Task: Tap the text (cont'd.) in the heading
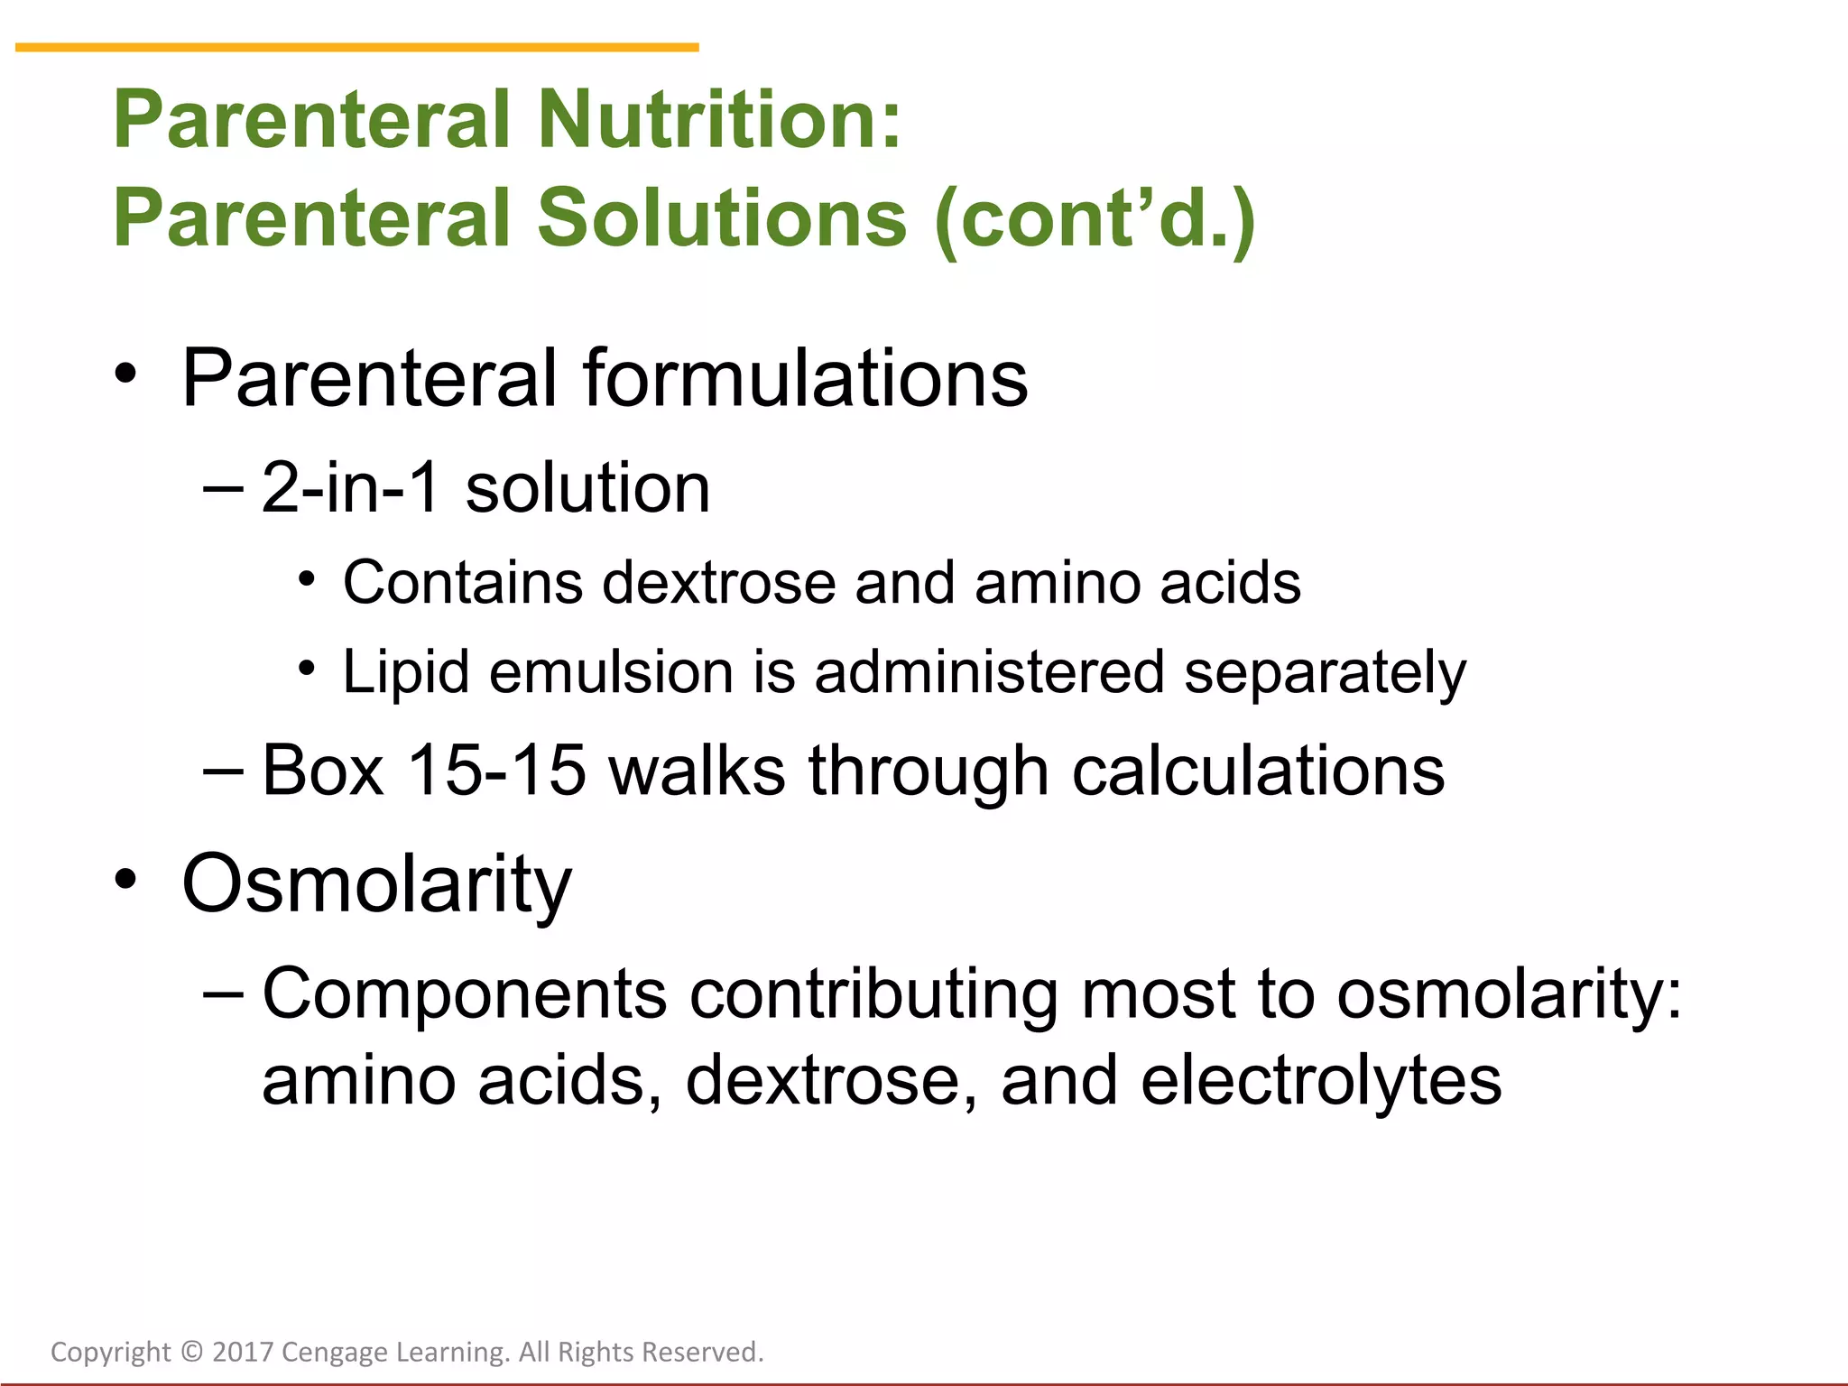click(x=1095, y=219)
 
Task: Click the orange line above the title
click(x=357, y=47)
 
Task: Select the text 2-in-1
click(x=350, y=488)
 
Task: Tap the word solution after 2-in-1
click(x=587, y=488)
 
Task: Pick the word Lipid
click(x=406, y=672)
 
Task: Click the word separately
click(x=1325, y=672)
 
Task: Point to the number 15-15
click(x=496, y=770)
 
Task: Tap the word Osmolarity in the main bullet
click(x=376, y=883)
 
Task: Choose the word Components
click(x=465, y=993)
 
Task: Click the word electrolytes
click(x=1321, y=1080)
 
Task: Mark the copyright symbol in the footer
click(x=191, y=1352)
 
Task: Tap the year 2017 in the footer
click(x=243, y=1352)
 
